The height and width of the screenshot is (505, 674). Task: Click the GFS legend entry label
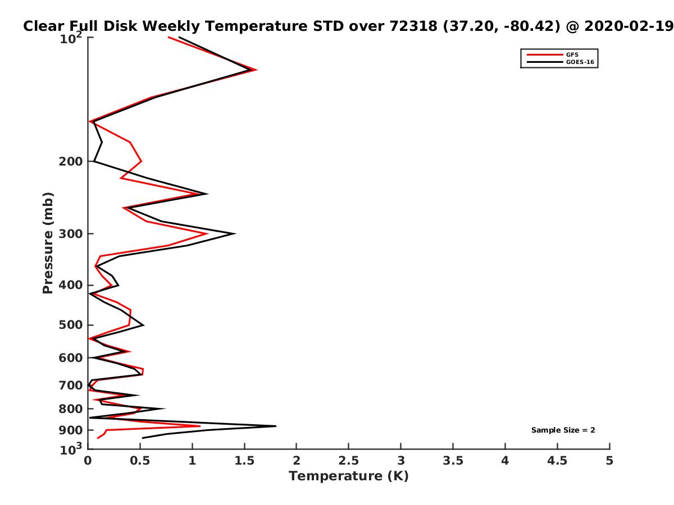click(x=572, y=54)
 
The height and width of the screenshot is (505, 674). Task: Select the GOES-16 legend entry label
click(x=580, y=62)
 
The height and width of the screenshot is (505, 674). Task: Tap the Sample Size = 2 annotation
click(x=563, y=430)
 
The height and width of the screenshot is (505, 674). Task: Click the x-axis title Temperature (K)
click(x=348, y=476)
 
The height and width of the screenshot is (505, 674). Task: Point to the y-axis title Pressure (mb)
click(x=48, y=243)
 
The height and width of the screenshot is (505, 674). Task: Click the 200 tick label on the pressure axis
click(x=71, y=161)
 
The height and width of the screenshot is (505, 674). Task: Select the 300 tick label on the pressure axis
click(x=71, y=233)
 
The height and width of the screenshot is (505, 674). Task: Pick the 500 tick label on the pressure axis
click(x=71, y=325)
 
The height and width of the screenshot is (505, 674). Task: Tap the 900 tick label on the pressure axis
click(x=71, y=430)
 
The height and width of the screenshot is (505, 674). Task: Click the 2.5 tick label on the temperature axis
click(x=348, y=460)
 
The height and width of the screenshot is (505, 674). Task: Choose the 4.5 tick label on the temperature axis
click(x=557, y=460)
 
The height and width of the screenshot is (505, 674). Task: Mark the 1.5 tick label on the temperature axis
click(x=244, y=460)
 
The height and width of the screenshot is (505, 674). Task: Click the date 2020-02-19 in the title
click(x=629, y=26)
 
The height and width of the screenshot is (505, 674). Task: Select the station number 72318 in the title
click(x=413, y=26)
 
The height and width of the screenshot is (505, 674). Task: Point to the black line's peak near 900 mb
click(x=276, y=426)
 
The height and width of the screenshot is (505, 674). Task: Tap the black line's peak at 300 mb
click(x=235, y=233)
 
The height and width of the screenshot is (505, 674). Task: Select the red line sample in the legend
click(x=545, y=54)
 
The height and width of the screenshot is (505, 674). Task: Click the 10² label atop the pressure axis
click(x=71, y=38)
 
